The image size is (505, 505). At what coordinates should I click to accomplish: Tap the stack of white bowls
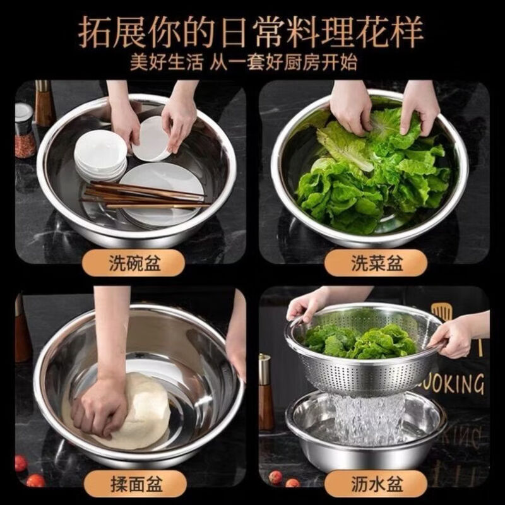tap(100, 155)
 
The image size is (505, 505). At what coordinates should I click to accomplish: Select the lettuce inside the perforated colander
tap(360, 341)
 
